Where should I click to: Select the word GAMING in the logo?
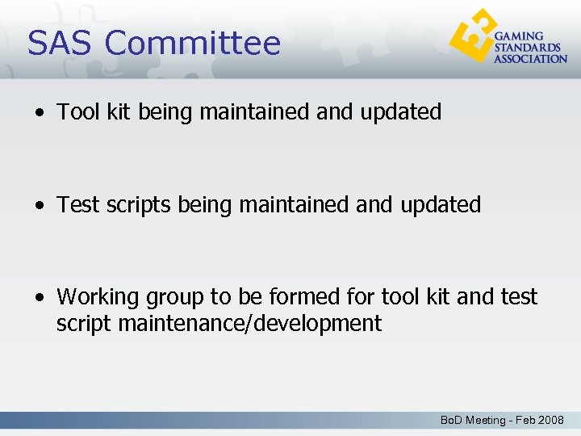coord(518,36)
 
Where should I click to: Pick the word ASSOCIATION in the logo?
coord(530,59)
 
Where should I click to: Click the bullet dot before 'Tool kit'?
coord(40,113)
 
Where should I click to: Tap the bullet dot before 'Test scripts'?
coord(40,206)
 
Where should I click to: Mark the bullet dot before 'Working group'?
coord(40,298)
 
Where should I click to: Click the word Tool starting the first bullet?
coord(77,112)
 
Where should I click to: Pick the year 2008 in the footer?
coord(550,420)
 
